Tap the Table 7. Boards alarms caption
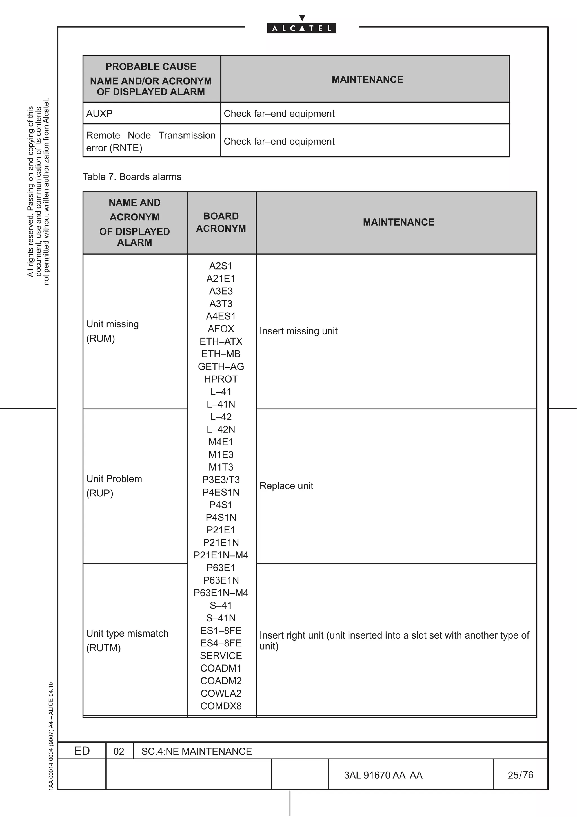[132, 177]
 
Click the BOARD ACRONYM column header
[221, 222]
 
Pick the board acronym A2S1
[221, 266]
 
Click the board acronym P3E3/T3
[221, 480]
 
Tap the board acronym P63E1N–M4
[221, 593]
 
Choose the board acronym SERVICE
[221, 655]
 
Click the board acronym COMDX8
[221, 706]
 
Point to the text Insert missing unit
[298, 331]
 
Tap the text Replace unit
[286, 486]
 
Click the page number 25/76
[520, 775]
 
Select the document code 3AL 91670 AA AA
[383, 775]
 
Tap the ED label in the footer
[82, 751]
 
